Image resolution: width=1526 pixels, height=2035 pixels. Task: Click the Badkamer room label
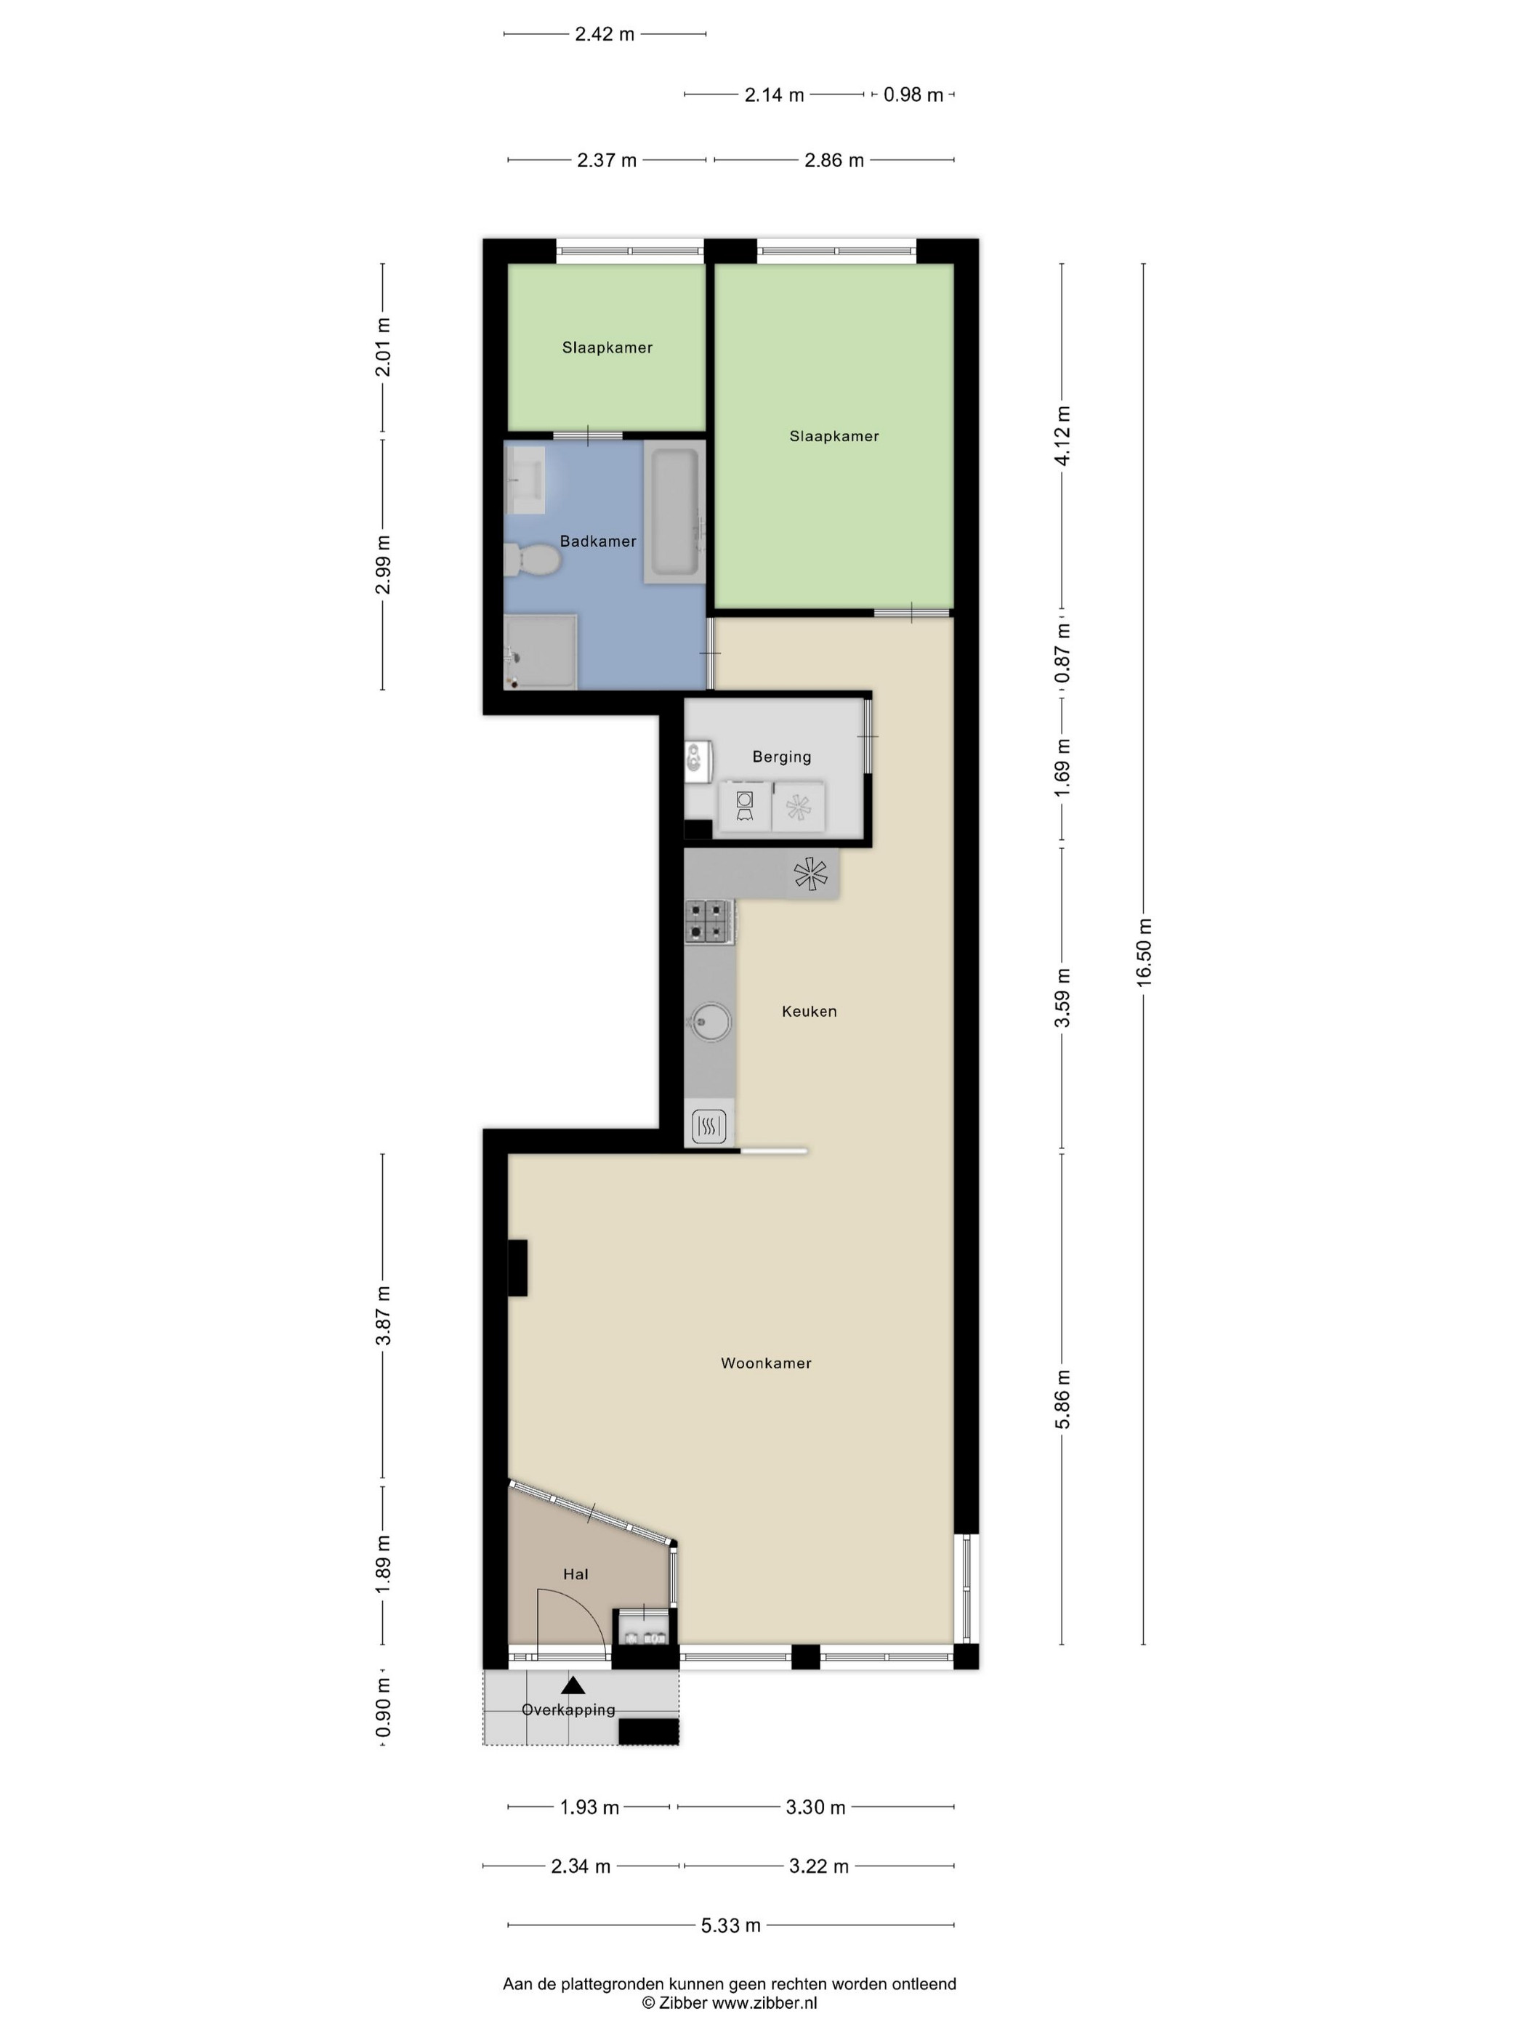point(598,541)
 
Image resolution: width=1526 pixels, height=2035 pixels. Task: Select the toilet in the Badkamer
point(532,558)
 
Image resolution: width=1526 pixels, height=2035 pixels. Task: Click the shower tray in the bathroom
point(540,651)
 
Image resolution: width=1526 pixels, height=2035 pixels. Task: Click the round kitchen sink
point(709,1021)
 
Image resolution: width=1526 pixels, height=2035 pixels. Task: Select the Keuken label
point(810,1011)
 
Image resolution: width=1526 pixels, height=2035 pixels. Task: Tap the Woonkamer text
point(766,1363)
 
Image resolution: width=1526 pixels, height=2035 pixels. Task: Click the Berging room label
point(782,757)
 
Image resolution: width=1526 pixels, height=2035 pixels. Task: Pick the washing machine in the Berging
point(745,806)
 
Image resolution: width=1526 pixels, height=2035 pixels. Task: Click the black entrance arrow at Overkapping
point(573,1685)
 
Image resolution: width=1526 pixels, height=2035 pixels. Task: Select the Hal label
point(576,1574)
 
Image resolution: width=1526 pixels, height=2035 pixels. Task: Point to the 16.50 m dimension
point(1143,952)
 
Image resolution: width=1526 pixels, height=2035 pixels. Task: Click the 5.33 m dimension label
point(731,1925)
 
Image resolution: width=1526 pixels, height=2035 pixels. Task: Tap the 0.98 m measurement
point(913,94)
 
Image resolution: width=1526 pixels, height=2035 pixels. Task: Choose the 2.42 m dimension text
point(605,34)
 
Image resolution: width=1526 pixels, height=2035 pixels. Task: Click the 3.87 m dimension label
point(383,1316)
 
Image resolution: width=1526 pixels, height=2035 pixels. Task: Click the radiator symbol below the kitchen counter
point(708,1125)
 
